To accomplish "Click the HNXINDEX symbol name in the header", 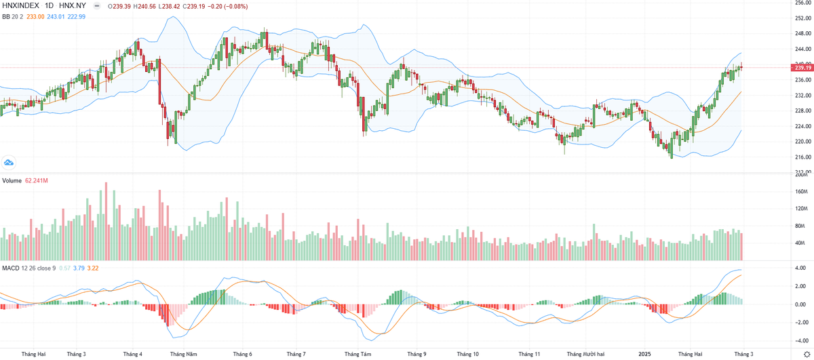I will (x=20, y=6).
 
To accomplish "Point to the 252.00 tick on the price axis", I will (x=804, y=18).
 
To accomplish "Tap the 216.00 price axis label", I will (x=804, y=157).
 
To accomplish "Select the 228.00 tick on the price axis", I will (x=804, y=111).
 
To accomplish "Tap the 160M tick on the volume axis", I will (x=802, y=192).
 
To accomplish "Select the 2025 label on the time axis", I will (x=644, y=354).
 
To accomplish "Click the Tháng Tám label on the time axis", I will (x=358, y=354).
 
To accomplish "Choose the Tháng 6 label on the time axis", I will (x=243, y=354).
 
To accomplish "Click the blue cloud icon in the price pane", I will (x=9, y=163).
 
